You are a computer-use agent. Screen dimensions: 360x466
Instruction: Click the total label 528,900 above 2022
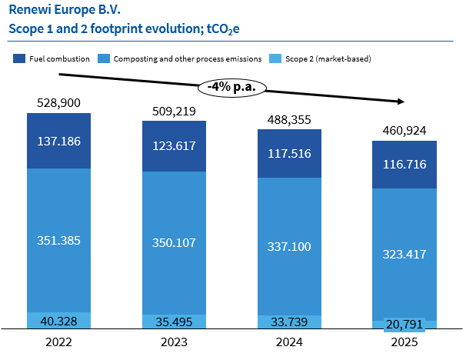(x=58, y=103)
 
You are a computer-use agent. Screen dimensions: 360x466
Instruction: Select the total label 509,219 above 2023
(x=174, y=112)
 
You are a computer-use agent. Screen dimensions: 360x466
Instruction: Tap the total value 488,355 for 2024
(x=288, y=119)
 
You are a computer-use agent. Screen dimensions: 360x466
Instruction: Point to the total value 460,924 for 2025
(x=404, y=130)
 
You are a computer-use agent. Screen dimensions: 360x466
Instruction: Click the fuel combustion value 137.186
(x=58, y=141)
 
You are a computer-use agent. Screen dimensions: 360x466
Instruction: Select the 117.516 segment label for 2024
(x=288, y=153)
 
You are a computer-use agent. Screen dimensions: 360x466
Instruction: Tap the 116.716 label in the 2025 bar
(x=404, y=165)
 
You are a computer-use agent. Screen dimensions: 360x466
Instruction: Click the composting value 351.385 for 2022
(x=58, y=240)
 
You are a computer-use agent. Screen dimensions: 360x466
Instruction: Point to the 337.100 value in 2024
(x=288, y=247)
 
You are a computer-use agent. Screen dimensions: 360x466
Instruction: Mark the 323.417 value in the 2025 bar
(x=404, y=253)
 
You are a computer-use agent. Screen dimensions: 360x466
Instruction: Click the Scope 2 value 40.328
(x=58, y=321)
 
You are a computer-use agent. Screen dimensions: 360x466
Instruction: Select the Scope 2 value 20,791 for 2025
(x=404, y=324)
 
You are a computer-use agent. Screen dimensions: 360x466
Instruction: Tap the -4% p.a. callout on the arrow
(x=232, y=86)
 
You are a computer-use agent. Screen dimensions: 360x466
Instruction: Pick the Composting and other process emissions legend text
(x=186, y=58)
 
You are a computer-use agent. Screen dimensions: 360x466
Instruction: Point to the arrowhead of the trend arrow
(x=402, y=101)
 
